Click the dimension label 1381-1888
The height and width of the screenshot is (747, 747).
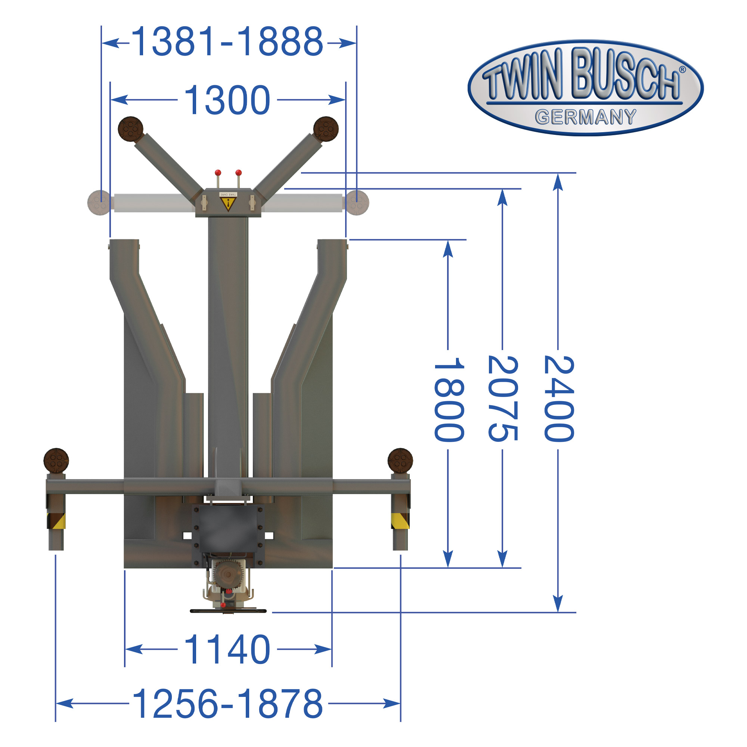point(227,42)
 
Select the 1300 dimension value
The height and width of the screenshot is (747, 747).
point(227,100)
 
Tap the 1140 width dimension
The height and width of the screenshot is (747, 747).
point(227,649)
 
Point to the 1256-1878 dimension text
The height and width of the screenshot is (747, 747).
point(227,703)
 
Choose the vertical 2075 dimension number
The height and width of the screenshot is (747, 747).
point(503,398)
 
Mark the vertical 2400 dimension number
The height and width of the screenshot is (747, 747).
point(559,399)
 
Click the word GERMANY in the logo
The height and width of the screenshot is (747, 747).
point(585,117)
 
